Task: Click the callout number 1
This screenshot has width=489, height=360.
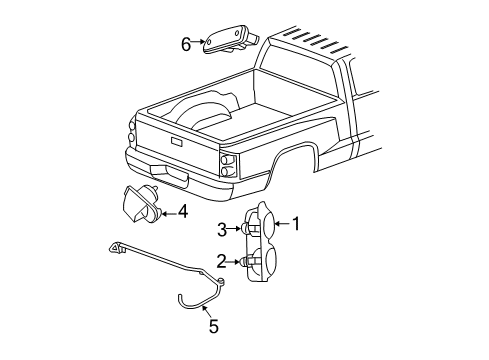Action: pyautogui.click(x=295, y=225)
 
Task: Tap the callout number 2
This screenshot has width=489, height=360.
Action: pyautogui.click(x=220, y=261)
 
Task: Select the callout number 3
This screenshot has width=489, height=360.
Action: pyautogui.click(x=221, y=228)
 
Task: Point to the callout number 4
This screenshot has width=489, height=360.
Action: pyautogui.click(x=182, y=211)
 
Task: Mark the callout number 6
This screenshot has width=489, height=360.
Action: pyautogui.click(x=185, y=42)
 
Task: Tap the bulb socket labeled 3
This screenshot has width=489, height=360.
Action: pyautogui.click(x=245, y=228)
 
